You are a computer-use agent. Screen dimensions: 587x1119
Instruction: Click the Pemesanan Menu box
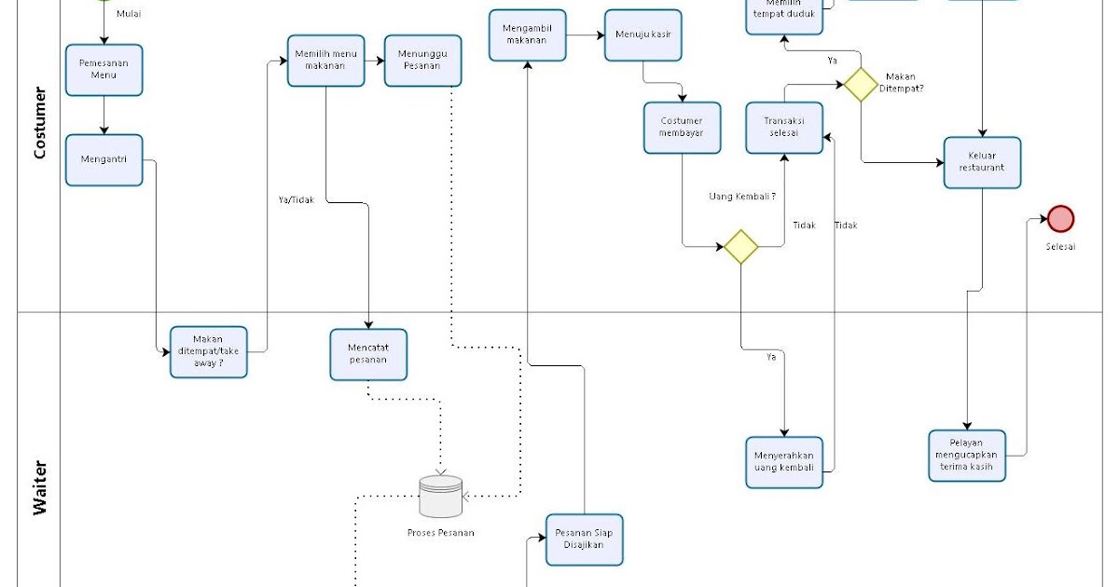click(104, 70)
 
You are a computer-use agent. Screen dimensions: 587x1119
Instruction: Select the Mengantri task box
click(104, 160)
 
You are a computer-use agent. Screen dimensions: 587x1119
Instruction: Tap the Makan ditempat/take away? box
click(208, 351)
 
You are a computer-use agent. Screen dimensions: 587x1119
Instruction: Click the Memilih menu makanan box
click(325, 61)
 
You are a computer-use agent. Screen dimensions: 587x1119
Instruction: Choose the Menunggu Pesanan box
click(422, 61)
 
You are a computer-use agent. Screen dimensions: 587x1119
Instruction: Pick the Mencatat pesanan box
click(368, 354)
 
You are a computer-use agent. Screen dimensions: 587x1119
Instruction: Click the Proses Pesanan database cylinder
click(440, 497)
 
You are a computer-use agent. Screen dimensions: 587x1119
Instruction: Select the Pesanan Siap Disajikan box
click(584, 539)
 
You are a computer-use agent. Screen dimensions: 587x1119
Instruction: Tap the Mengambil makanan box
click(528, 35)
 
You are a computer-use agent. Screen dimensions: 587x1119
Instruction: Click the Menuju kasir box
click(642, 35)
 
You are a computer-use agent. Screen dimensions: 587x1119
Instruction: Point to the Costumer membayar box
click(682, 128)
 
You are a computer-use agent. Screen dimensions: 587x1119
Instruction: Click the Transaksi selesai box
click(784, 128)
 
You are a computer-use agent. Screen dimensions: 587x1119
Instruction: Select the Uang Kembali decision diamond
click(740, 247)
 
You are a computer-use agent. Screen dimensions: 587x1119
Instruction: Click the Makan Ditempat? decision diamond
click(861, 84)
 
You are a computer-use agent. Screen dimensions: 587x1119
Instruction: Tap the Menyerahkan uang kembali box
click(784, 462)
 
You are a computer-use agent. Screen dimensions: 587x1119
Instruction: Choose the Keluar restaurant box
click(982, 162)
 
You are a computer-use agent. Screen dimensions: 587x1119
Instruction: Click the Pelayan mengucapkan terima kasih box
click(967, 456)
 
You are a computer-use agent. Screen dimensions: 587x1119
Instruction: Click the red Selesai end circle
click(1060, 219)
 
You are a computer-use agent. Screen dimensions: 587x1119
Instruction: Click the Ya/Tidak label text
click(297, 199)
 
